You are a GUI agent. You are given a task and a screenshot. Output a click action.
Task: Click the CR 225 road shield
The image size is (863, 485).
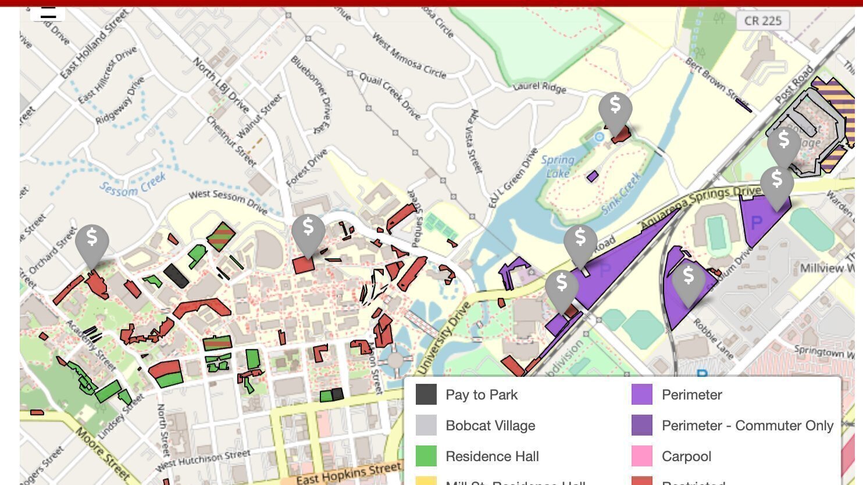click(x=763, y=21)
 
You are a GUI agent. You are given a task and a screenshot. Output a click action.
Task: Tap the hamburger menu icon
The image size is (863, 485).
click(x=48, y=12)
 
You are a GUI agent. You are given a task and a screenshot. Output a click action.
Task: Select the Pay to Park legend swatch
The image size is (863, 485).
click(x=426, y=395)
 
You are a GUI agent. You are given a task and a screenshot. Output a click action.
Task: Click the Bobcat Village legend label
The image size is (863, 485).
click(x=490, y=426)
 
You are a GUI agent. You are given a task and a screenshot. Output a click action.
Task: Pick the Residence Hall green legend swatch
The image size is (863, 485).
click(x=426, y=457)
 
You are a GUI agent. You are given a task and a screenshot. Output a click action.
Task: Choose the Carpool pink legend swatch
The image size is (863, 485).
click(x=642, y=457)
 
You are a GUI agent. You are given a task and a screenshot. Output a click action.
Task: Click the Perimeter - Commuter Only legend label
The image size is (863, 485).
click(x=747, y=426)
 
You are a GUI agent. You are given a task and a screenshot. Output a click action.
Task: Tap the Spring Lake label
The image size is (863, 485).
click(x=558, y=166)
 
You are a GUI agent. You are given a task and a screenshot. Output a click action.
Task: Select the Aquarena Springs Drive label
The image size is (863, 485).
click(x=701, y=206)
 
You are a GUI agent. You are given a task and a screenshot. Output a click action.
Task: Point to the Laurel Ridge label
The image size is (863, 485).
click(x=540, y=88)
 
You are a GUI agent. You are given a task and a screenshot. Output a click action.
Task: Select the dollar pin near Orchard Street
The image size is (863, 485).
click(x=92, y=240)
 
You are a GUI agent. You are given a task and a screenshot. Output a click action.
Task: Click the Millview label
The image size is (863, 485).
click(x=822, y=268)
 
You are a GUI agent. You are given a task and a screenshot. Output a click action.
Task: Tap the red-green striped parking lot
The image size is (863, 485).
click(x=221, y=237)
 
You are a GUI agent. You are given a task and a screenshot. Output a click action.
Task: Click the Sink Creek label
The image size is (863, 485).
click(x=622, y=192)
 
